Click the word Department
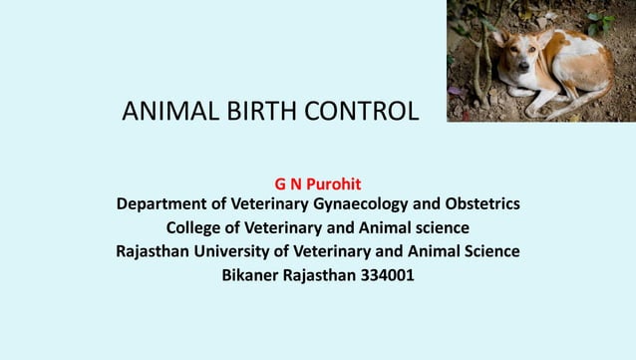(165, 205)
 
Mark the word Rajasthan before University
(159, 250)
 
